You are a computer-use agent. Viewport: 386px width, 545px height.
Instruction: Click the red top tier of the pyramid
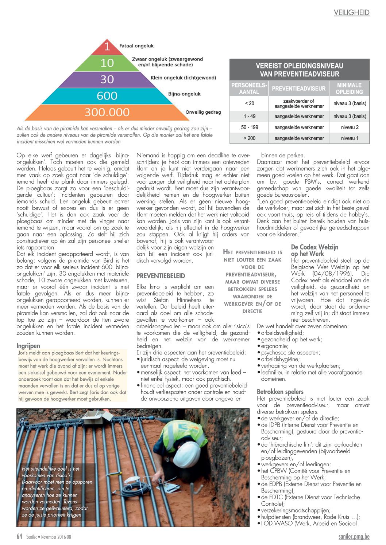pos(107,47)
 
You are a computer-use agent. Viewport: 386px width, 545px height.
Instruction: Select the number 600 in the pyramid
pos(107,96)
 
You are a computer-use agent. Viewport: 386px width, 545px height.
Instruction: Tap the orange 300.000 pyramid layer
pos(107,112)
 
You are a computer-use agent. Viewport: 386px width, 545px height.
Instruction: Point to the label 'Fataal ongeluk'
pos(136,46)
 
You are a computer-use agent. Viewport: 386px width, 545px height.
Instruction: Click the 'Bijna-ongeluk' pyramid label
pos(184,94)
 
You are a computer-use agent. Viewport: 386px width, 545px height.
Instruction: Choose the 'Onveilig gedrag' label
pos(203,112)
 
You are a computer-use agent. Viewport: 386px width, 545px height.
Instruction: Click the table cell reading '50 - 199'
pos(249,127)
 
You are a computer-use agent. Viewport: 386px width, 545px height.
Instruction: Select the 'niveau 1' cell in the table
pos(350,138)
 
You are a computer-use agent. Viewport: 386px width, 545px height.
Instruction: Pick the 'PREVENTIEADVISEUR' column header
pos(298,89)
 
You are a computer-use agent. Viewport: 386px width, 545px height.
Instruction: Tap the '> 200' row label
pos(249,138)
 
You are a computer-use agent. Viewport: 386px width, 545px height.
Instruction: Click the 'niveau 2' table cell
pos(350,127)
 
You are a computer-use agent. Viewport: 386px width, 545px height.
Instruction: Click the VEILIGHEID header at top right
pos(351,13)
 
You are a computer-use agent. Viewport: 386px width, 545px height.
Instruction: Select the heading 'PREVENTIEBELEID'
pos(161,276)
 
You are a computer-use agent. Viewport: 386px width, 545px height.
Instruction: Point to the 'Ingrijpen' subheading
pos(28,346)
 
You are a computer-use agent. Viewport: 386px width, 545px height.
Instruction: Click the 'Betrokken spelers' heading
pos(280,392)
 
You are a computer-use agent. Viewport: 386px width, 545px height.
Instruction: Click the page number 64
pos(19,536)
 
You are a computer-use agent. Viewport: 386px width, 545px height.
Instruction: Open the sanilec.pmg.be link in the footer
pos(354,536)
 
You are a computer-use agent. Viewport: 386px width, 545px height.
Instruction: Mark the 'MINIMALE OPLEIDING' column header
pos(349,89)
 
